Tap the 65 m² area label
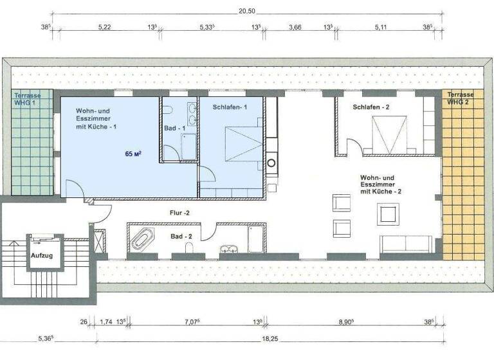pyautogui.click(x=133, y=154)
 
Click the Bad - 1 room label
pyautogui.click(x=174, y=129)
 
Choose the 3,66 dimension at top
pyautogui.click(x=295, y=28)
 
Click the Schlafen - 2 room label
pyautogui.click(x=371, y=107)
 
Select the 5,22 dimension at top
pyautogui.click(x=105, y=28)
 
